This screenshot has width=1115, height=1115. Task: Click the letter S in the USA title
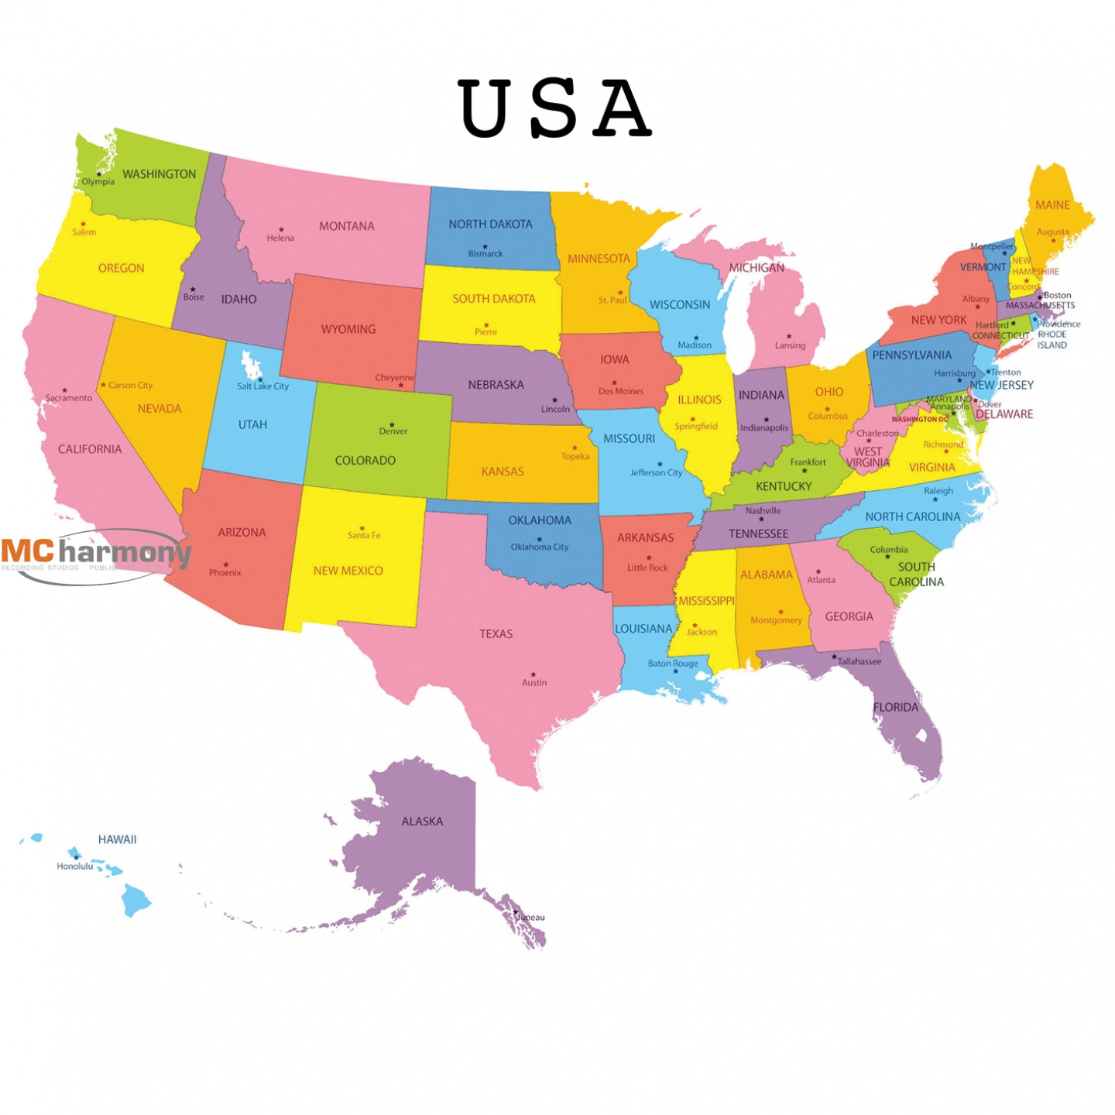click(554, 108)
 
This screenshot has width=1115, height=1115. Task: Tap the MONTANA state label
click(346, 226)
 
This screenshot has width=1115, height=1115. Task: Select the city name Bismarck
click(485, 254)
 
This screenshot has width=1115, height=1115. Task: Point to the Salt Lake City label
click(262, 386)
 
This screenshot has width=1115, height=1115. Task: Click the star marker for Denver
click(392, 424)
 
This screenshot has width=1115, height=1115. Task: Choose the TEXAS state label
click(496, 634)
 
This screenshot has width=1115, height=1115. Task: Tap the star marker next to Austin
click(533, 674)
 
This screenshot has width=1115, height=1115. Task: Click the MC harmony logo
click(96, 554)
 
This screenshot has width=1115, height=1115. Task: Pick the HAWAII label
click(117, 839)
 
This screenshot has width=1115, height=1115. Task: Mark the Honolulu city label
click(74, 866)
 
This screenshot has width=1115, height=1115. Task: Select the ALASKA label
click(422, 822)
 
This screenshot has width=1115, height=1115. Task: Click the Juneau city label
click(531, 918)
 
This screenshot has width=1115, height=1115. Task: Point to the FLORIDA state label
click(895, 707)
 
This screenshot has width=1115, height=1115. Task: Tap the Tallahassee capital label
click(859, 662)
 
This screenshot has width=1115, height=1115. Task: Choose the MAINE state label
click(1052, 205)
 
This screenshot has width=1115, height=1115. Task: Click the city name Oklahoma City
click(539, 547)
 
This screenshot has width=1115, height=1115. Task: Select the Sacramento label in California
click(68, 398)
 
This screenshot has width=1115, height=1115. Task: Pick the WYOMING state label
click(348, 329)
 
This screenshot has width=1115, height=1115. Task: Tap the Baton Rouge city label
click(673, 664)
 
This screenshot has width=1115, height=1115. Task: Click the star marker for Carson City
click(103, 384)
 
